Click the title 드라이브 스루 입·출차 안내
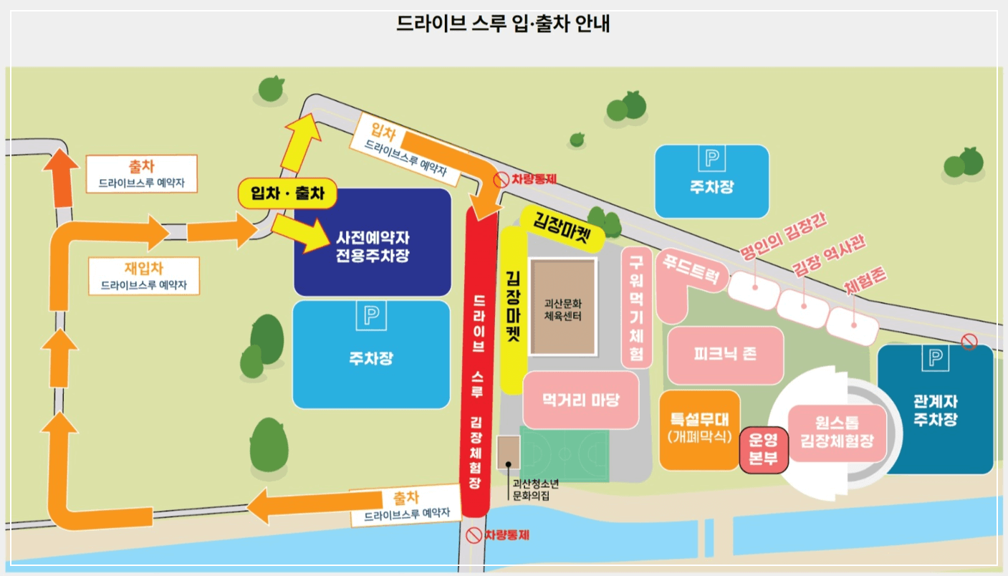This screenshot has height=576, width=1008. point(503,24)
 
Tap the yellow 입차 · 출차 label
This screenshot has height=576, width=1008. point(287,193)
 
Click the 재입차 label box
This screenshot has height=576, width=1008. point(144,276)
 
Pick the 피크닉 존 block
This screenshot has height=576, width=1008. point(725,355)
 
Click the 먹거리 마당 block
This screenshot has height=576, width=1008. point(580,400)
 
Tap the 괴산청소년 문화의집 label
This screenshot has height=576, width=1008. point(530,489)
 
